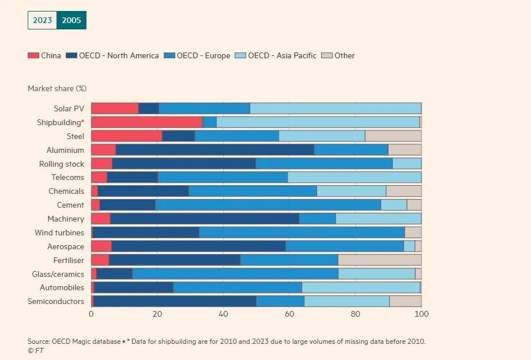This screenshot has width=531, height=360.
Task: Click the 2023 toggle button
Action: pos(42,20)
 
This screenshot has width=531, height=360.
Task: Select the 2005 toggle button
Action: pos(71,20)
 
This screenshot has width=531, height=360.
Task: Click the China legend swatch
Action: pos(33,56)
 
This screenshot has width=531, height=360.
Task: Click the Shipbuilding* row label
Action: pos(61,122)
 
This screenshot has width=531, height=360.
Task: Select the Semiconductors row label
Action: pos(56,301)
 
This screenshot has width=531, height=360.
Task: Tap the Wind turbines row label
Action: pos(59,232)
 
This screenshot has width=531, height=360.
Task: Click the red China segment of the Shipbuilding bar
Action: pos(146,122)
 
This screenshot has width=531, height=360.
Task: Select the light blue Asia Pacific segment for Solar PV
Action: pos(336,108)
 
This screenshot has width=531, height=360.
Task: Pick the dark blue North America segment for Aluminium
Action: pos(215,150)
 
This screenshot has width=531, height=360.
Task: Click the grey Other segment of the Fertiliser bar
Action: pos(379,260)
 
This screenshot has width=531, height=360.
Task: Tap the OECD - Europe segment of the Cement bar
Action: pos(268,205)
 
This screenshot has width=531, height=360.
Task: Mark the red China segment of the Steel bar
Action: pos(126,136)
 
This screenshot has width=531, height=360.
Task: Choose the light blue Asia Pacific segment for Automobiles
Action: pos(361,287)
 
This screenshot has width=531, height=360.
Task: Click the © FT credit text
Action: pos(35,350)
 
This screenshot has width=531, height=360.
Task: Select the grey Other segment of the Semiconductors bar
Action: pos(405,301)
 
